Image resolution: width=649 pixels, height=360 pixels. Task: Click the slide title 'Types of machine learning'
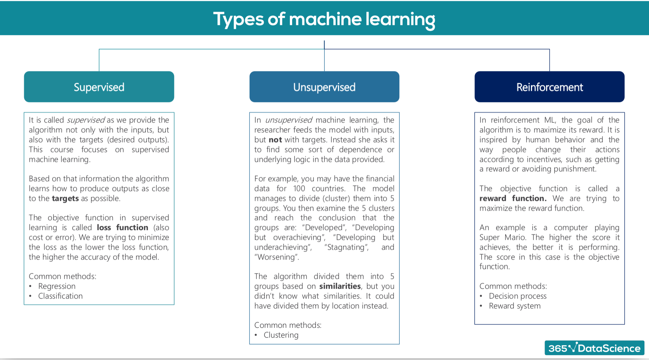coord(324,19)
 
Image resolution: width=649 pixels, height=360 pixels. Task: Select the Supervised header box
coord(99,87)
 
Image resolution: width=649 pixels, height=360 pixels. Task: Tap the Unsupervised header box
coord(324,87)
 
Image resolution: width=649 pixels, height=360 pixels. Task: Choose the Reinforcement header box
coord(549,87)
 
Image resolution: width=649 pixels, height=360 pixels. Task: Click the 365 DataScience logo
coord(595,348)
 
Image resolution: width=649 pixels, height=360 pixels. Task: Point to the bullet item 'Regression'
coord(57,286)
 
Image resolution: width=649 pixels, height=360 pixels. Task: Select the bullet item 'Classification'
coord(61,296)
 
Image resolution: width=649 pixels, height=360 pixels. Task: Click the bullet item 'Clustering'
coord(281,335)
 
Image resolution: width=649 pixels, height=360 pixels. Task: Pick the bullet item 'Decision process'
coord(518,296)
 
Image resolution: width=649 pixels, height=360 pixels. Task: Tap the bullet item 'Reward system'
coord(515,306)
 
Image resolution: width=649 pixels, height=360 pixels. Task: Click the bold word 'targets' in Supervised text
coord(65,199)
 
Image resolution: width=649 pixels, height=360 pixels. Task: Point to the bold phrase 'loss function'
coord(123,227)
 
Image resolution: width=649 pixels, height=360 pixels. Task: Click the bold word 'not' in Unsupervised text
coord(275,140)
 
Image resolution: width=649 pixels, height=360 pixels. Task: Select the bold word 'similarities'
coord(340,286)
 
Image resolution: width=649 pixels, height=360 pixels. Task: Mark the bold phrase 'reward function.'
coord(513,199)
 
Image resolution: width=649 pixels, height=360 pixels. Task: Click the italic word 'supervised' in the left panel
coord(86,120)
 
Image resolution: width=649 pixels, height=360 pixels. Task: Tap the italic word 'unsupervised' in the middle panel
coord(289,120)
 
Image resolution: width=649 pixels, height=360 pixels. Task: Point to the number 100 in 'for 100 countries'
coord(299,188)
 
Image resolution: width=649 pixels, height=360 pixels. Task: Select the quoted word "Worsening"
coord(277,257)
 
